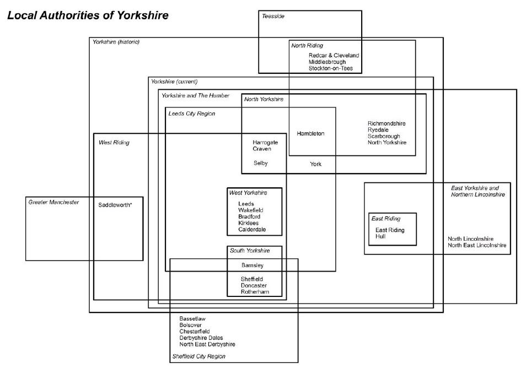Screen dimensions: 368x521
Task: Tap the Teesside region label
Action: coord(273,16)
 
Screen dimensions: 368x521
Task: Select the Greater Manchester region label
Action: coord(53,202)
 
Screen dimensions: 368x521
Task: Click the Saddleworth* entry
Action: coord(115,205)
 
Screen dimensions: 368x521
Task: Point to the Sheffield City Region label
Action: coord(198,356)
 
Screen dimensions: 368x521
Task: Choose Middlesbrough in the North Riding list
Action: coord(327,62)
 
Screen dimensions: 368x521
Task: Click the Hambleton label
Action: coord(310,134)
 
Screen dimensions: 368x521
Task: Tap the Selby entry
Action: coord(260,163)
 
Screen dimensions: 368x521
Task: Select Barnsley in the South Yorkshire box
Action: coord(253,266)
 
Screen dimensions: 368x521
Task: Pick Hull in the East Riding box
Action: coord(380,236)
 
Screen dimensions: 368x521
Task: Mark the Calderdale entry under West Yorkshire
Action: coord(253,230)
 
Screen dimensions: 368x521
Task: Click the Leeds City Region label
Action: coord(191,113)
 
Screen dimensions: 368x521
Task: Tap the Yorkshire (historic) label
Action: coord(116,42)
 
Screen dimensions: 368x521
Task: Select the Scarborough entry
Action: coord(384,136)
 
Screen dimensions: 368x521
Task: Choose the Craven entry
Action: coord(262,149)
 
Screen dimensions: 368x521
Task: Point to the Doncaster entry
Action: coord(254,285)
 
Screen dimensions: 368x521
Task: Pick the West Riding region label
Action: coord(114,143)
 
